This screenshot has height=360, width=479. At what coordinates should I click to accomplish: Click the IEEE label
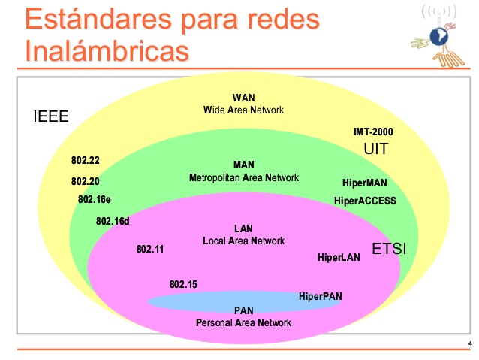click(x=51, y=116)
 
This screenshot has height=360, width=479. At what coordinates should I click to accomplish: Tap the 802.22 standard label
click(x=86, y=160)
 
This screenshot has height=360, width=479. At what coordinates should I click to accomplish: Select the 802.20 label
click(x=86, y=181)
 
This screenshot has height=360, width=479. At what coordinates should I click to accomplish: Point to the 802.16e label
click(x=94, y=199)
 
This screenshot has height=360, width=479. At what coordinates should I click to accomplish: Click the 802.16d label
click(x=113, y=221)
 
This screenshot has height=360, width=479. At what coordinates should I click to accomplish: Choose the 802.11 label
click(x=150, y=249)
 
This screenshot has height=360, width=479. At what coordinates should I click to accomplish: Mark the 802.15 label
click(x=183, y=284)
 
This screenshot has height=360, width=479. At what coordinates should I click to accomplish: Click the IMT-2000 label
click(x=373, y=132)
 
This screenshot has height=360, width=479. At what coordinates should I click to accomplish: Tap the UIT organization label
click(x=376, y=149)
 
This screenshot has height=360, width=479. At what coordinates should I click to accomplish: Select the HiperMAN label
click(x=364, y=183)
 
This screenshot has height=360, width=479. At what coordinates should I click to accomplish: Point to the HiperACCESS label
click(x=365, y=201)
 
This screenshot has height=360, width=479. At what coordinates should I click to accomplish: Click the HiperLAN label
click(x=339, y=257)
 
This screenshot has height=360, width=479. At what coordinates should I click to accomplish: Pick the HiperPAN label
click(x=320, y=296)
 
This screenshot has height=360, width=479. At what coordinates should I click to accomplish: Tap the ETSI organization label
click(x=389, y=249)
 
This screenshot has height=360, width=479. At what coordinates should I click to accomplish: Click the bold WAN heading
click(x=243, y=98)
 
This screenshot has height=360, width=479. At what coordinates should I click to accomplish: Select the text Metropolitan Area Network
click(x=244, y=177)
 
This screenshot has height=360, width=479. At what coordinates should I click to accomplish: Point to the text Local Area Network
click(x=243, y=241)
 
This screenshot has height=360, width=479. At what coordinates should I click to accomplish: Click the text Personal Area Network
click(x=243, y=322)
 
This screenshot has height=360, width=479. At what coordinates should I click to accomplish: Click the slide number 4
click(x=470, y=343)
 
